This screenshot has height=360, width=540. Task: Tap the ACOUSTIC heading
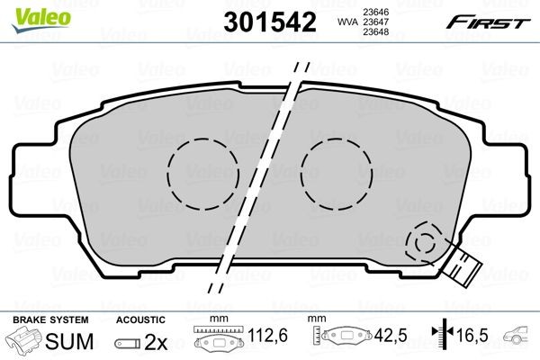coord(141,319)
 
